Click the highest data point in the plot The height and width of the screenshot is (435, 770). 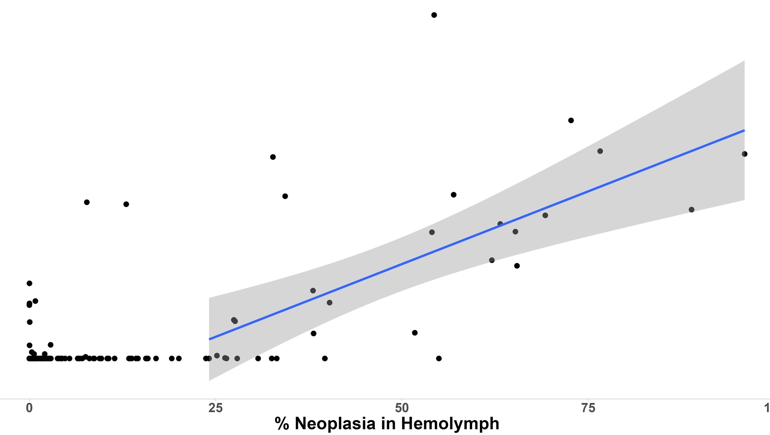[434, 15]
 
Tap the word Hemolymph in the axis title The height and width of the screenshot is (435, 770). [450, 423]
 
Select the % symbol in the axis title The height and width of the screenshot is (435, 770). [282, 423]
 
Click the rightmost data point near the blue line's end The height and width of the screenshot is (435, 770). [744, 154]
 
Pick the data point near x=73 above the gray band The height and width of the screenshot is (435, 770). [571, 121]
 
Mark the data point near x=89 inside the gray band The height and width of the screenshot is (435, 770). [691, 210]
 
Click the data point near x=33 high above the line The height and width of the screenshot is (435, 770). [273, 157]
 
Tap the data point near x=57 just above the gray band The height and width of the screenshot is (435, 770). [453, 195]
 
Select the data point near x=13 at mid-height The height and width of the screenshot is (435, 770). [126, 204]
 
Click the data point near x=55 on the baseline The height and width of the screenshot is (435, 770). [439, 358]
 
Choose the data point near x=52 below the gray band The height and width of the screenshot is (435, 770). [415, 333]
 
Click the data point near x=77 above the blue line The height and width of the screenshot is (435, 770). [600, 151]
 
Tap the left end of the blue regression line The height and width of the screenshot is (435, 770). [210, 339]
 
